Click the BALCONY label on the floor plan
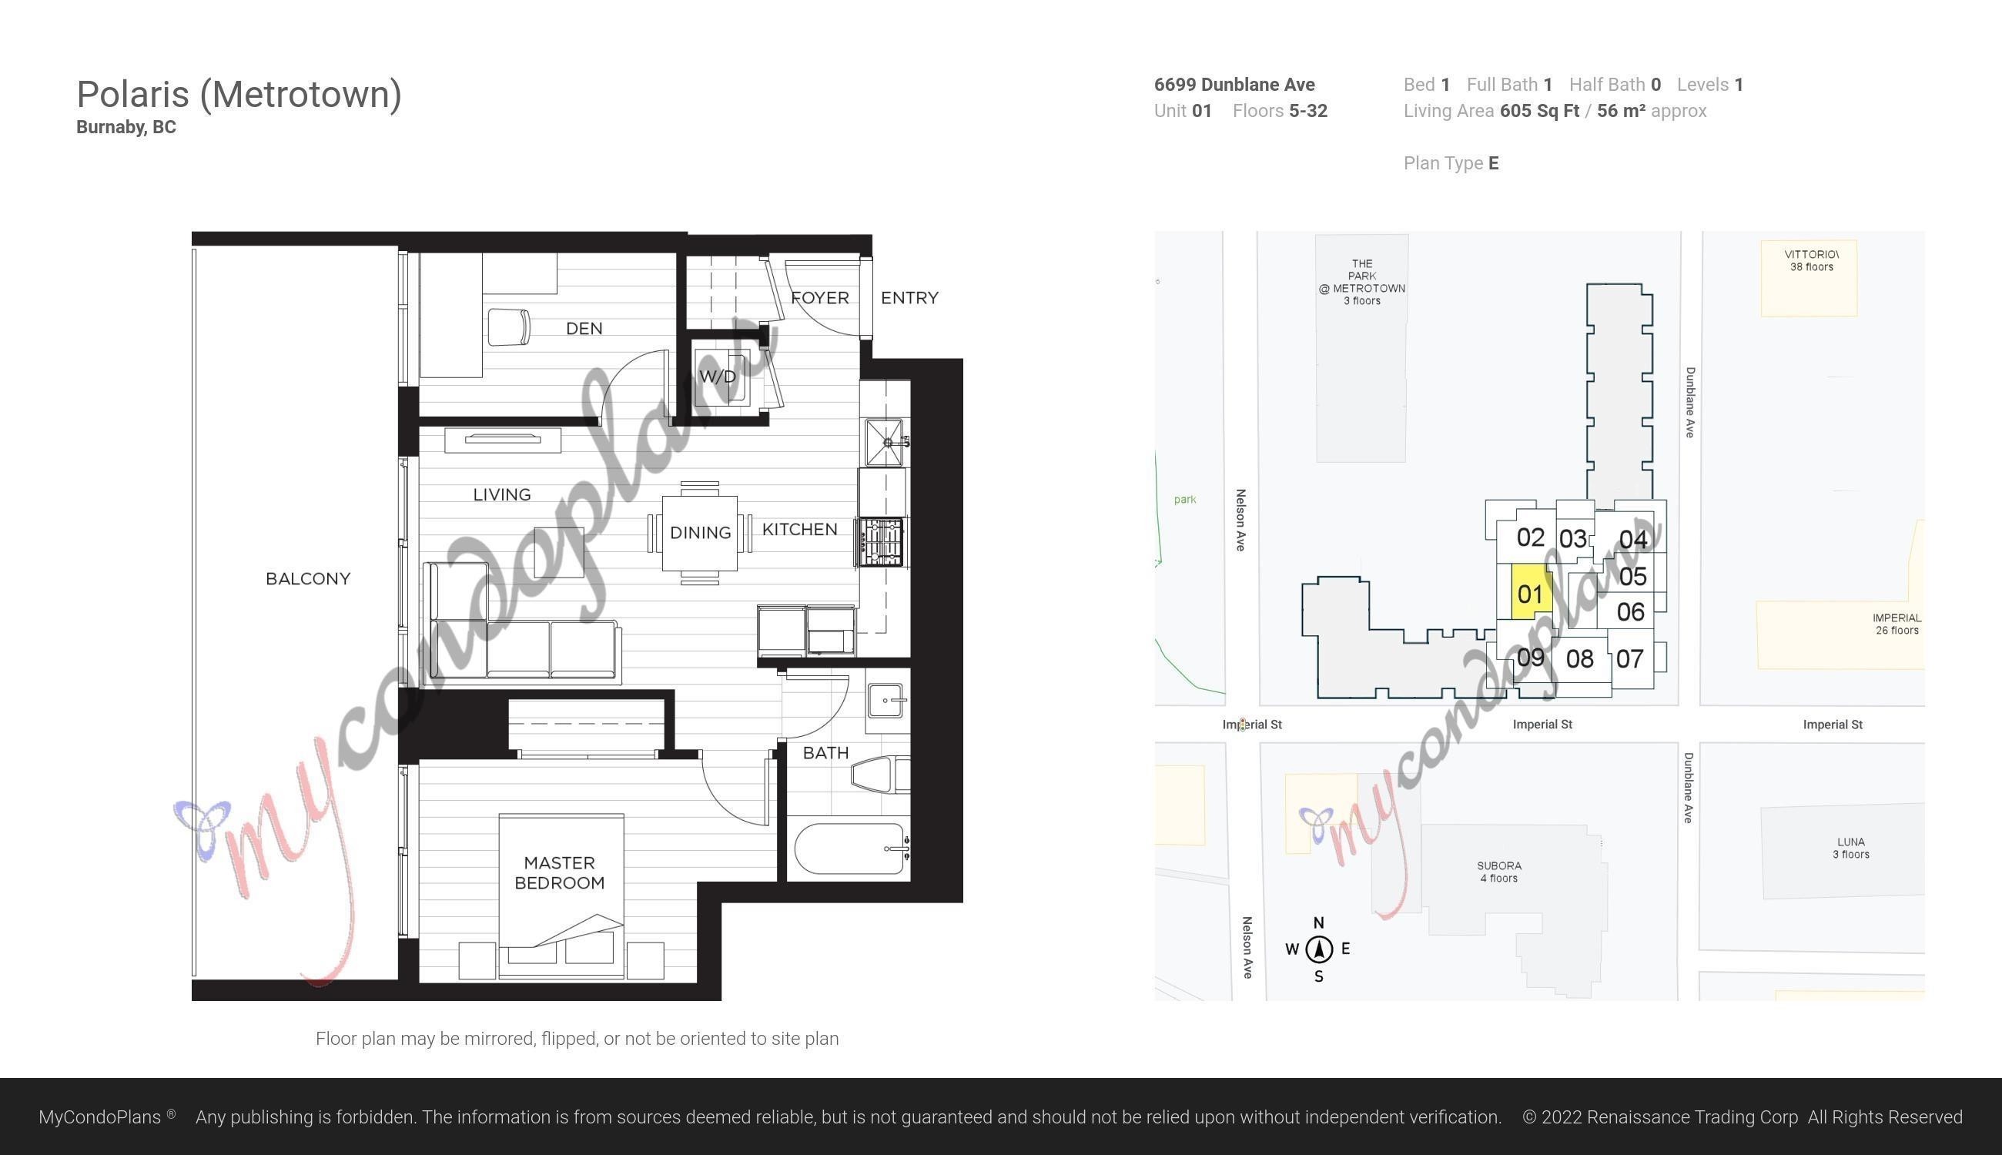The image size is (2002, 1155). (x=308, y=579)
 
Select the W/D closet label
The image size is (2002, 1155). (x=718, y=376)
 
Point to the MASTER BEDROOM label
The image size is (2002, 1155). (x=559, y=872)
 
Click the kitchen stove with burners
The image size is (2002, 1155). (x=879, y=543)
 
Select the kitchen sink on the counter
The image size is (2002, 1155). (x=884, y=442)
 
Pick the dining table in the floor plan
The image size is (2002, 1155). (x=700, y=533)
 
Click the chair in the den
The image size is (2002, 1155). (x=508, y=326)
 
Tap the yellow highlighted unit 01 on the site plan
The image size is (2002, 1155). (x=1531, y=593)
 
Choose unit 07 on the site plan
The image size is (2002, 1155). (x=1629, y=658)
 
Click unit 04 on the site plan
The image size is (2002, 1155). (x=1633, y=540)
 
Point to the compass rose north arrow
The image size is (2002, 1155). (x=1319, y=949)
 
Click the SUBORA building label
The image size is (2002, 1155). (x=1499, y=872)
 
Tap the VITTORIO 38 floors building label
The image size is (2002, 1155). (x=1812, y=260)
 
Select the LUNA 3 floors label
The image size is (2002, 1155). (x=1850, y=848)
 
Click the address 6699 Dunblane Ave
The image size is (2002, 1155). (x=1234, y=85)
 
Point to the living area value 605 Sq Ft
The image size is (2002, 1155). (x=1539, y=111)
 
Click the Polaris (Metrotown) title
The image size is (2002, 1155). (x=239, y=95)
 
